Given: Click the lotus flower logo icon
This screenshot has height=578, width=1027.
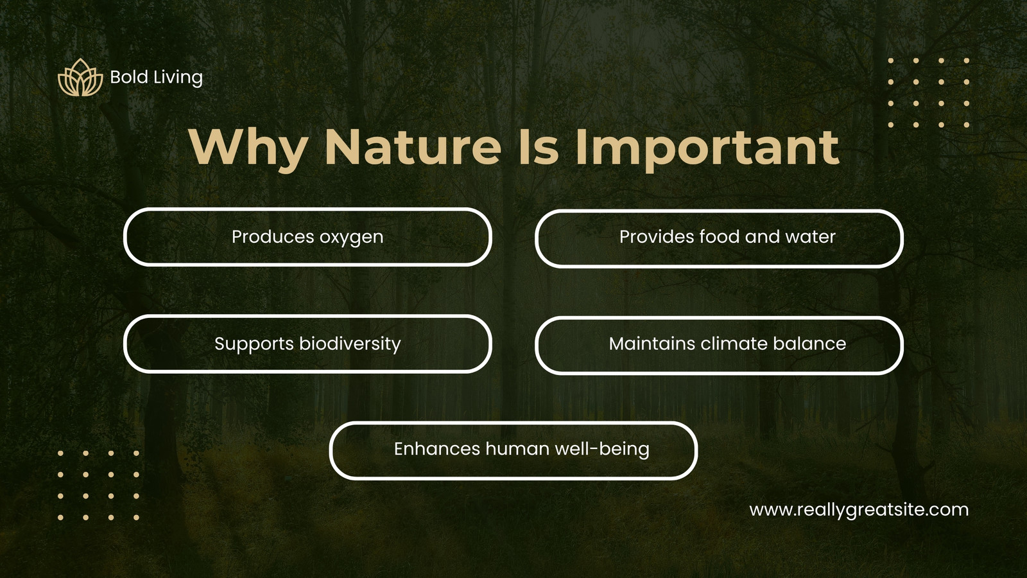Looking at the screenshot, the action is pyautogui.click(x=80, y=78).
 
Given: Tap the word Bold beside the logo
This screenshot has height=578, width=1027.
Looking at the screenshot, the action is pyautogui.click(x=129, y=77).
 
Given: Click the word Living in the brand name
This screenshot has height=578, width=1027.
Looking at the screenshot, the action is pyautogui.click(x=178, y=78).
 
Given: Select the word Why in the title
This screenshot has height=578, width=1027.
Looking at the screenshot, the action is pyautogui.click(x=248, y=147).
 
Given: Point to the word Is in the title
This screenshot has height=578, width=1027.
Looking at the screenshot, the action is pyautogui.click(x=539, y=146).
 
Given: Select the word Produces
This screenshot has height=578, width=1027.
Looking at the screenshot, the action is pyautogui.click(x=273, y=237).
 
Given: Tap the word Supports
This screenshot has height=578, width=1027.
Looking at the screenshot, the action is pyautogui.click(x=254, y=344).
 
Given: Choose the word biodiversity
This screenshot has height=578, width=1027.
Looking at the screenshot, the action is pyautogui.click(x=350, y=344).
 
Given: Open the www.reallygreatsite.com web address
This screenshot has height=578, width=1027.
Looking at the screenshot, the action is pyautogui.click(x=859, y=511).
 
